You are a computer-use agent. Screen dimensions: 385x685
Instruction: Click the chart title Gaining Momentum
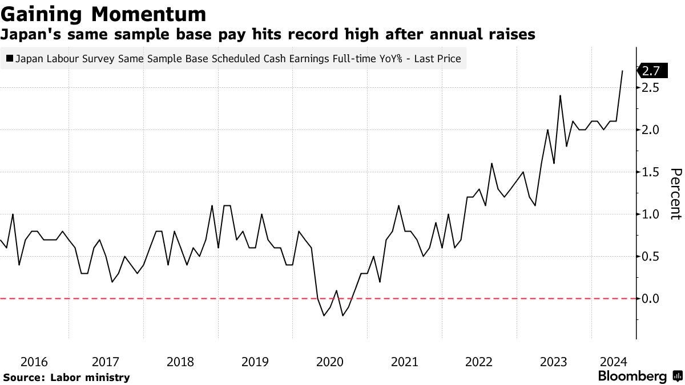pos(103,13)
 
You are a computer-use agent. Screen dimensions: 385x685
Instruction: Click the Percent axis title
pos(675,194)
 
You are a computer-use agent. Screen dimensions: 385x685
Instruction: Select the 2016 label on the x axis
pos(34,362)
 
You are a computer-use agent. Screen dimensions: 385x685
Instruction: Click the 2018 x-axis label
pos(180,362)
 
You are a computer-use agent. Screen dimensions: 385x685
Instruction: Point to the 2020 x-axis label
pos(329,362)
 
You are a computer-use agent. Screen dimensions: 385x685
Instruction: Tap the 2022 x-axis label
pos(479,362)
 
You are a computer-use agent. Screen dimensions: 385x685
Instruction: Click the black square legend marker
pos(9,58)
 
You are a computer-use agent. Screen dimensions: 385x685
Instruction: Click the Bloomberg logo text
pos(632,376)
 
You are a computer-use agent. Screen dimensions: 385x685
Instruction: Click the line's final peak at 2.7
pos(622,71)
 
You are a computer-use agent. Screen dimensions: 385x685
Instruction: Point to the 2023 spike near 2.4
pos(560,96)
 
